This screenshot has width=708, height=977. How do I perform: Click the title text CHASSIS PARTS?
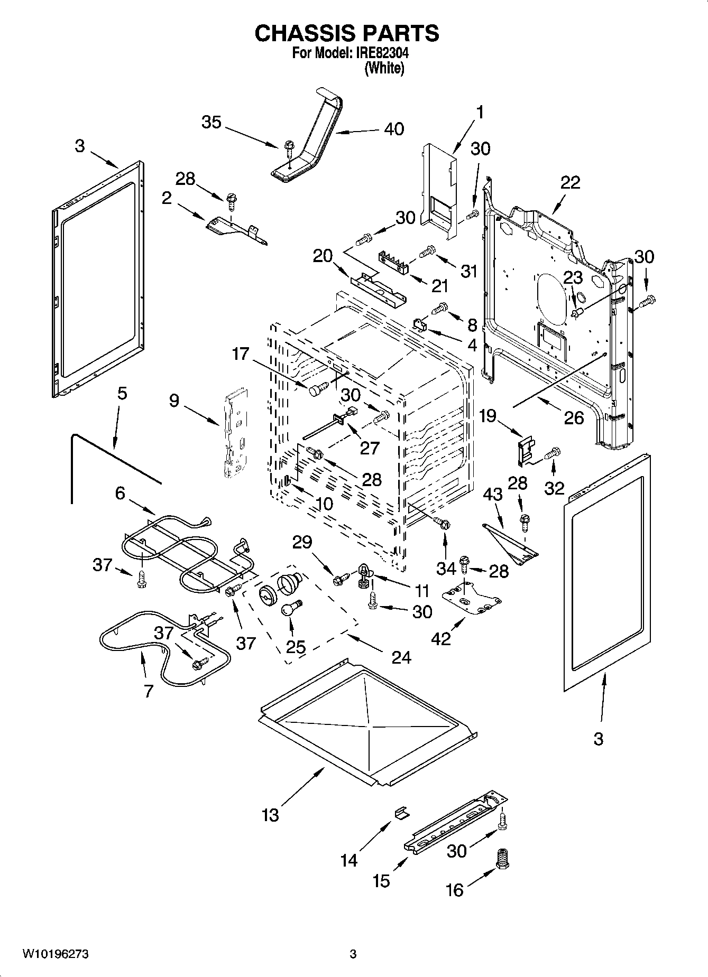(x=347, y=33)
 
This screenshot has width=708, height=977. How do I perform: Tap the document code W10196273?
(x=55, y=954)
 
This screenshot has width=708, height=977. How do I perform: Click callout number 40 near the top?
(x=394, y=128)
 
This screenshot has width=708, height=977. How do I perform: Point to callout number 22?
(x=571, y=182)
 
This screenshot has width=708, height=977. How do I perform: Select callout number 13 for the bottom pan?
(x=270, y=815)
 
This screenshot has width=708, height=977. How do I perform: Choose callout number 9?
(x=174, y=401)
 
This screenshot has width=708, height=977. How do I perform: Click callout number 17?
(x=241, y=353)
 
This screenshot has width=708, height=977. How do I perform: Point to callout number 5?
(x=122, y=394)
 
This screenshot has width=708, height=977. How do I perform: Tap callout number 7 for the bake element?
(x=148, y=691)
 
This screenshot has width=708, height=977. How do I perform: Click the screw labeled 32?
(x=552, y=453)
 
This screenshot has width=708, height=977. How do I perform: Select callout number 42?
(x=441, y=638)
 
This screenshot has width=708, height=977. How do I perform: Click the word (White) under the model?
(x=384, y=68)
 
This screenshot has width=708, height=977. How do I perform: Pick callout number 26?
(x=574, y=417)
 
